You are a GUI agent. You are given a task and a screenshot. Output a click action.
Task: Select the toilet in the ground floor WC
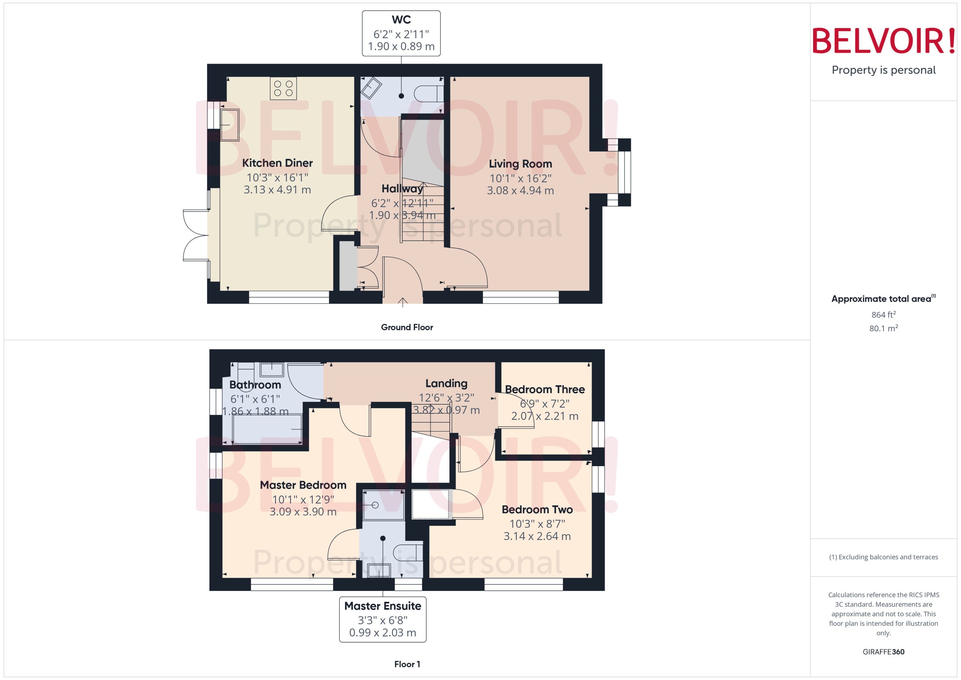428,93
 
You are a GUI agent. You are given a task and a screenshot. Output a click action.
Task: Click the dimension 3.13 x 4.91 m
277,190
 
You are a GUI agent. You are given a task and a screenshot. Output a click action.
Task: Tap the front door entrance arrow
403,302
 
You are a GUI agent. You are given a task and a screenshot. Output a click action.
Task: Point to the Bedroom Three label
544,389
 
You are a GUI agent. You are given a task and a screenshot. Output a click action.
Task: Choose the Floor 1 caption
407,664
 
